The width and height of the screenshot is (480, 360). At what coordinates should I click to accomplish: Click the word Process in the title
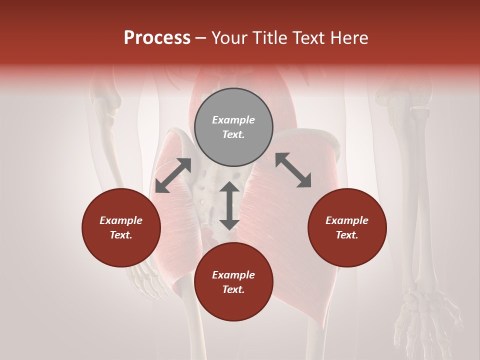pyautogui.click(x=157, y=38)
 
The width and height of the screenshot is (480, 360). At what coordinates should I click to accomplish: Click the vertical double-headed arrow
pyautogui.click(x=229, y=205)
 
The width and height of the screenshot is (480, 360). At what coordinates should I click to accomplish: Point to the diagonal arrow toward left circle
pyautogui.click(x=173, y=175)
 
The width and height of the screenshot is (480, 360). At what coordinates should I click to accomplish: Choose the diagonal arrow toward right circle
pyautogui.click(x=293, y=170)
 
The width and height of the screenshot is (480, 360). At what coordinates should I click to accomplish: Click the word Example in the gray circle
pyautogui.click(x=233, y=120)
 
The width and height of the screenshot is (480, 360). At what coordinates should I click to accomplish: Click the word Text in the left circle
pyautogui.click(x=120, y=235)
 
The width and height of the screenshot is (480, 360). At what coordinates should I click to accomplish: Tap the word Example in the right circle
pyautogui.click(x=347, y=220)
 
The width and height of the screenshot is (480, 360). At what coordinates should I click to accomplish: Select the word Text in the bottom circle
pyautogui.click(x=233, y=289)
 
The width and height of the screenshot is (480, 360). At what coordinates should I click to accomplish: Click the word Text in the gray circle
pyautogui.click(x=233, y=134)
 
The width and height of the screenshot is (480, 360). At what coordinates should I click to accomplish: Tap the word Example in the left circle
pyautogui.click(x=121, y=220)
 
